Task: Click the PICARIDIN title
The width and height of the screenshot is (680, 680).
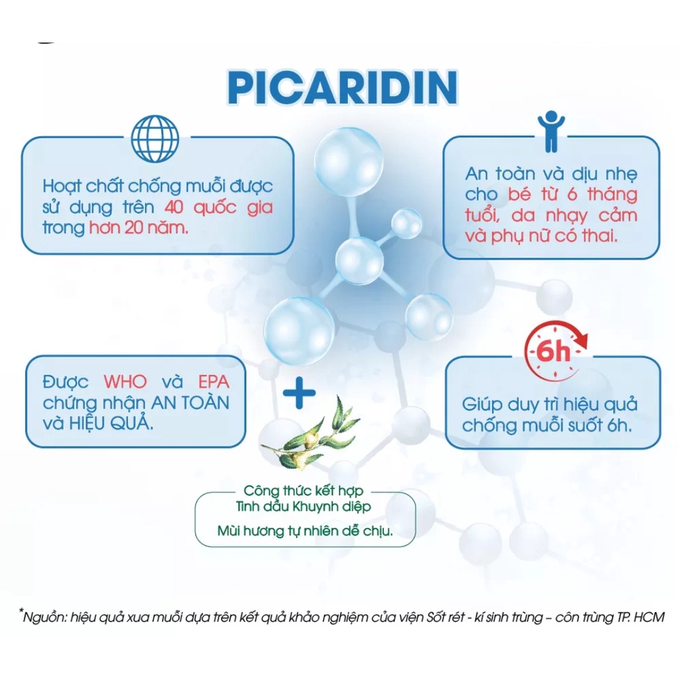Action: click(343, 88)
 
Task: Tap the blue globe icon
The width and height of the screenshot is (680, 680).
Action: click(155, 138)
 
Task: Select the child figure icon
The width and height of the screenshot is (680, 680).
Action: click(551, 131)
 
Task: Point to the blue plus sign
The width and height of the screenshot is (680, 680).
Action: click(299, 393)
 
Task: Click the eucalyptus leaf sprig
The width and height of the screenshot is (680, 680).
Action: click(311, 433)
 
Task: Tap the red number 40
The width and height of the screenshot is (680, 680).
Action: click(173, 207)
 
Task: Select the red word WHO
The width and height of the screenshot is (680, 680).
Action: click(126, 382)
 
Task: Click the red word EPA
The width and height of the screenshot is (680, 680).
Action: click(213, 382)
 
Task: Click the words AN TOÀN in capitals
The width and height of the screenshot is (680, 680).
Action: click(190, 403)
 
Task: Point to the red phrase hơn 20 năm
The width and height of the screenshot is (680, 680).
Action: click(139, 228)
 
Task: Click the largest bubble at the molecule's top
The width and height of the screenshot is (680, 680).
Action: click(349, 161)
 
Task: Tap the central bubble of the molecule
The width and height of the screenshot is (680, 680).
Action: click(359, 261)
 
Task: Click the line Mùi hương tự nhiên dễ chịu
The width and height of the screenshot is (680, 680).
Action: click(305, 531)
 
